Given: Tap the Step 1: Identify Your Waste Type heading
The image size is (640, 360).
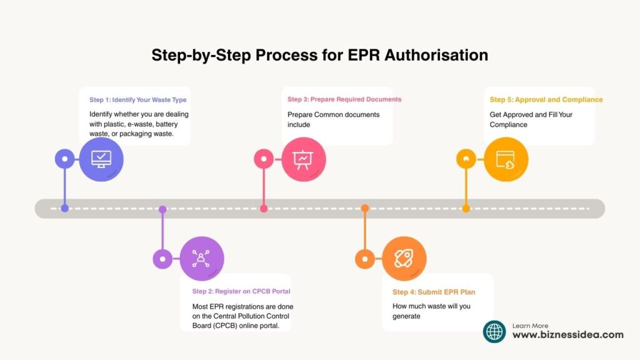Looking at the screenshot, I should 137,100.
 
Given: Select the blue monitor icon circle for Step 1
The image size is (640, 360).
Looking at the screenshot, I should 101,159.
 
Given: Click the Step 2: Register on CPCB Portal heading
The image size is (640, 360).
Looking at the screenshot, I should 241,291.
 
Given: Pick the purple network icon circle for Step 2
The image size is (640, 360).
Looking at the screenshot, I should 201,258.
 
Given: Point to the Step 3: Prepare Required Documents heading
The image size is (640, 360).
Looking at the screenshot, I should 344,99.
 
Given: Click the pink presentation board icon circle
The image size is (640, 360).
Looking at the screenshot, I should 303,159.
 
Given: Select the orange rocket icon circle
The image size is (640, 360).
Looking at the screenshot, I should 404,258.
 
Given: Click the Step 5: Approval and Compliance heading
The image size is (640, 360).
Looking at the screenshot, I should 546,99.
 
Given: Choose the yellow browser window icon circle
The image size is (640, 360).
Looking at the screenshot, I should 506,159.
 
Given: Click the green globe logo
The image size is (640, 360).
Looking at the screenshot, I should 494,331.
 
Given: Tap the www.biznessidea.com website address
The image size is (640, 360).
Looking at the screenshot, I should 567,335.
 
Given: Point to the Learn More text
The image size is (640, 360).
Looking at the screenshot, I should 530,326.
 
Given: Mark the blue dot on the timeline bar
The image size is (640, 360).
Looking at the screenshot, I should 64,209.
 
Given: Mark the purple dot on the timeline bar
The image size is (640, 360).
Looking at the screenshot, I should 162,209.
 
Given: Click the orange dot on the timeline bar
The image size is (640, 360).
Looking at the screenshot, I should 365,209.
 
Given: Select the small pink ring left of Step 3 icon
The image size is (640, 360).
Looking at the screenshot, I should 264,159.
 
